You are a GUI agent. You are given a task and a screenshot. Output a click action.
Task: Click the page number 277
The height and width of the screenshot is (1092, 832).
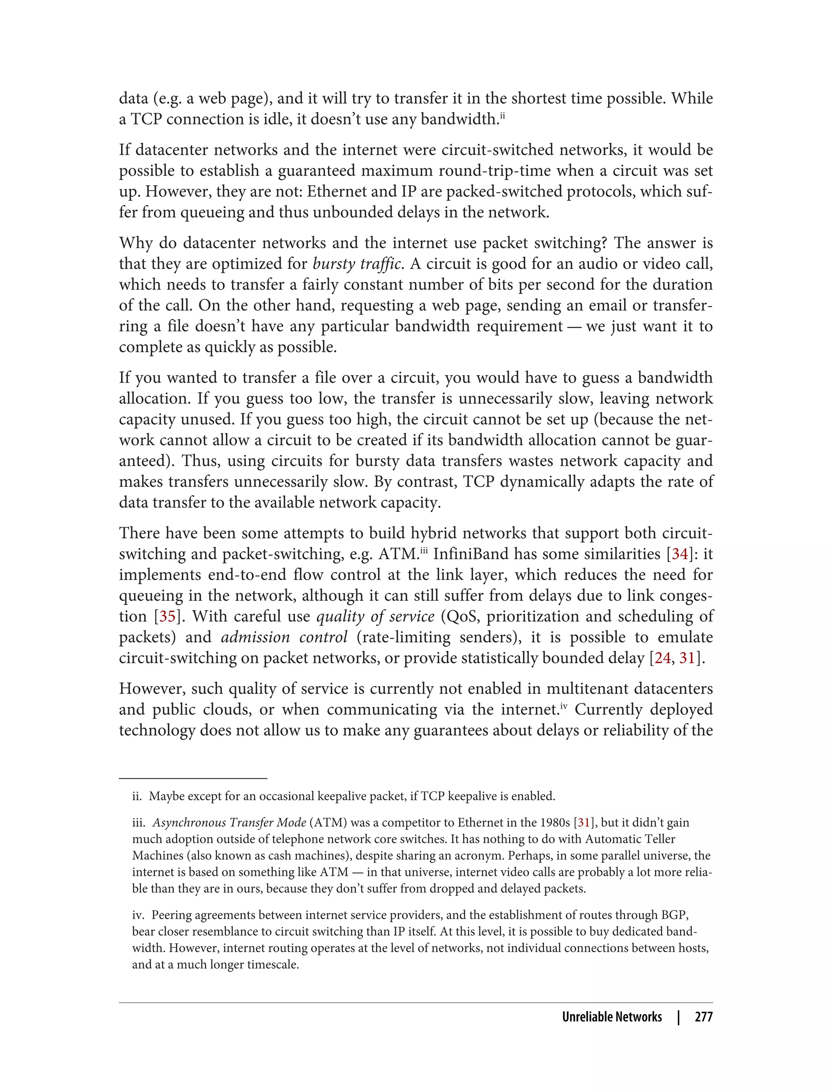pos(703,1017)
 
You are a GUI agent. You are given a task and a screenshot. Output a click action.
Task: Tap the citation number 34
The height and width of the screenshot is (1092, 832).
pos(680,554)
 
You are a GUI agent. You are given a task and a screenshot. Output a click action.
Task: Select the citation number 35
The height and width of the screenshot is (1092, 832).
pos(167,616)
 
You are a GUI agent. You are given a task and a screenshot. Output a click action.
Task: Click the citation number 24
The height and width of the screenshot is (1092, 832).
pos(662,658)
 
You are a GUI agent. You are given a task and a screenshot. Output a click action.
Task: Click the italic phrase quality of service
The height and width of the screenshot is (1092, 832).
pos(375,616)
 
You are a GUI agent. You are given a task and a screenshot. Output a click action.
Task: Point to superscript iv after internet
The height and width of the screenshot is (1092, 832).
pos(563,705)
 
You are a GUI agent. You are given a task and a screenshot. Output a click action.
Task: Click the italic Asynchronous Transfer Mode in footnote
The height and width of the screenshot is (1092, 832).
pos(229,823)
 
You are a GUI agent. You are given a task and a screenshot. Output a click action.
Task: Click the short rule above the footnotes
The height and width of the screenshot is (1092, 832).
pos(193,778)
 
